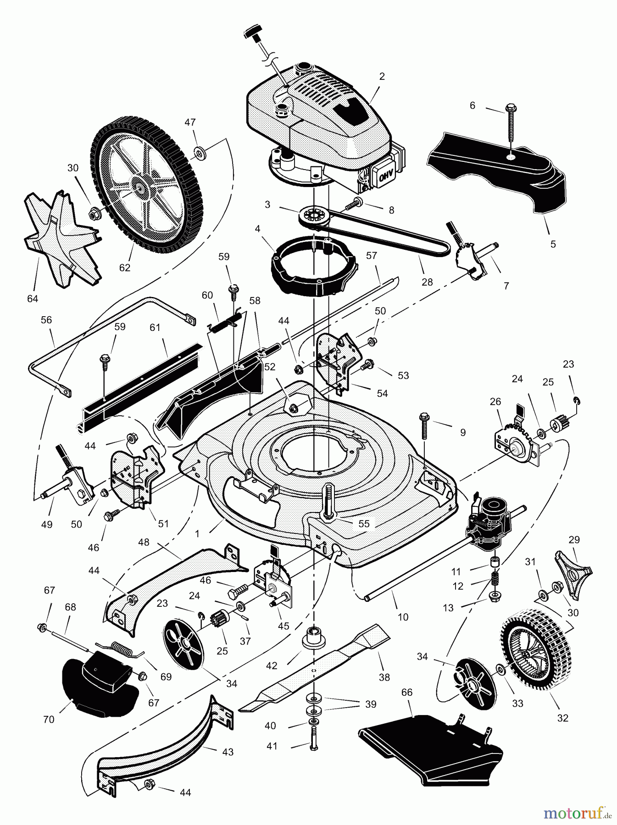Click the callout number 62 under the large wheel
[124, 267]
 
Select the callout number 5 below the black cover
[553, 244]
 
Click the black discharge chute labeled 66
[431, 744]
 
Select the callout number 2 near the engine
[382, 77]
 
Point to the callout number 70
[48, 719]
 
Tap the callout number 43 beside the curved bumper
[228, 752]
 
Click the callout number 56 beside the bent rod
[46, 319]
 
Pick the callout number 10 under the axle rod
[403, 617]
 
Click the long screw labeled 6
[511, 124]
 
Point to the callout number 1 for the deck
[197, 533]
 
